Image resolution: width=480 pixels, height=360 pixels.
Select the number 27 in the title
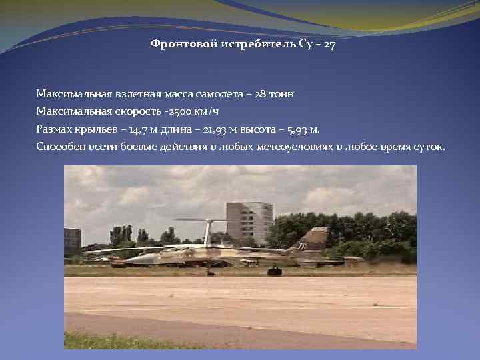(x=319, y=44)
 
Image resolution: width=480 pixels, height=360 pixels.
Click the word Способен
(x=61, y=146)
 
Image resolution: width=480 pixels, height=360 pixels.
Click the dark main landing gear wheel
(x=274, y=271)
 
